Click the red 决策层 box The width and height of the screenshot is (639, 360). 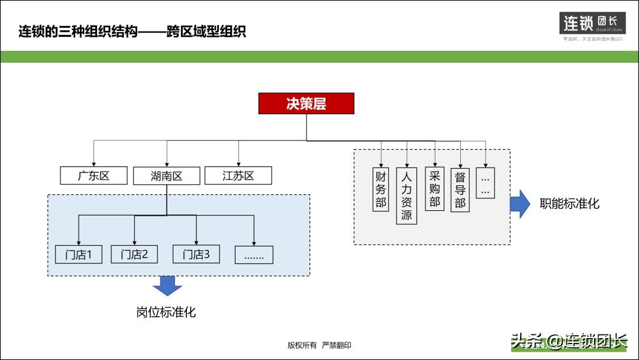coord(306,104)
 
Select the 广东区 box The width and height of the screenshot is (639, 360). coord(93,175)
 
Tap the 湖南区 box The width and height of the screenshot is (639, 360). coord(166,176)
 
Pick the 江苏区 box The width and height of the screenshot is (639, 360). coord(238,175)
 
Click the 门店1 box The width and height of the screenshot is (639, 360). coord(78,255)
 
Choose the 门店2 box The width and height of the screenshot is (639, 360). coord(134,255)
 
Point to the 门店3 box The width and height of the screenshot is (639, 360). coord(196,255)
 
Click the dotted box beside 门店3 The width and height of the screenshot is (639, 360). coord(254,255)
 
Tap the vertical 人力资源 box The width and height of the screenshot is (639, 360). coord(406,195)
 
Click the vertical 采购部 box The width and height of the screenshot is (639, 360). coord(435,188)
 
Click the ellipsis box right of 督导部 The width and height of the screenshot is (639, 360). coord(485,183)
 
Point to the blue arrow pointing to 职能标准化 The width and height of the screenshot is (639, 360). coord(520,204)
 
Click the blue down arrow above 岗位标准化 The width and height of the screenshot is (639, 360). coord(167,286)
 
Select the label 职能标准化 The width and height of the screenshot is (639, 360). coord(569,204)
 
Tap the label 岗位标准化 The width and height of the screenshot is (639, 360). coord(166,312)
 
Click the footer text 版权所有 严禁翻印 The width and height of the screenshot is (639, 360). coord(319,345)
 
